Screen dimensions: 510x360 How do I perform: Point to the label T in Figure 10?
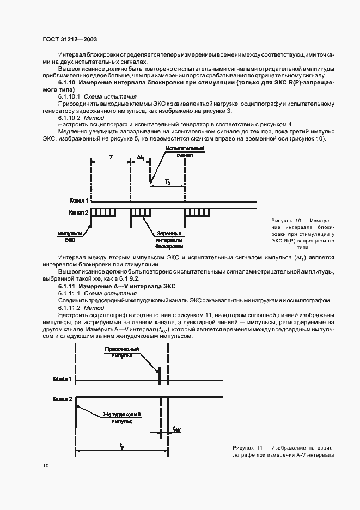point(111,157)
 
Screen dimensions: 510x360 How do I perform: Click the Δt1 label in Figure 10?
point(140,157)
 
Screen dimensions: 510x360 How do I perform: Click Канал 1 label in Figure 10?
point(80,201)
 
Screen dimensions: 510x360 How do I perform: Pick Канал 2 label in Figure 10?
point(80,211)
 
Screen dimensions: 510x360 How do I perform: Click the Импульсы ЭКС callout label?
point(67,235)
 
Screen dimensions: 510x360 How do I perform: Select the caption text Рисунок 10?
point(285,220)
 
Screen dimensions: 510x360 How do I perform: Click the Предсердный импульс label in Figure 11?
point(122,351)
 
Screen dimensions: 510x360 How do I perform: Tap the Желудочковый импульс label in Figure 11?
point(121,418)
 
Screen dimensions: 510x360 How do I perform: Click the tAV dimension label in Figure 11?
point(176,430)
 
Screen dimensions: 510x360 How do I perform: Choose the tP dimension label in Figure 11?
point(121,445)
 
